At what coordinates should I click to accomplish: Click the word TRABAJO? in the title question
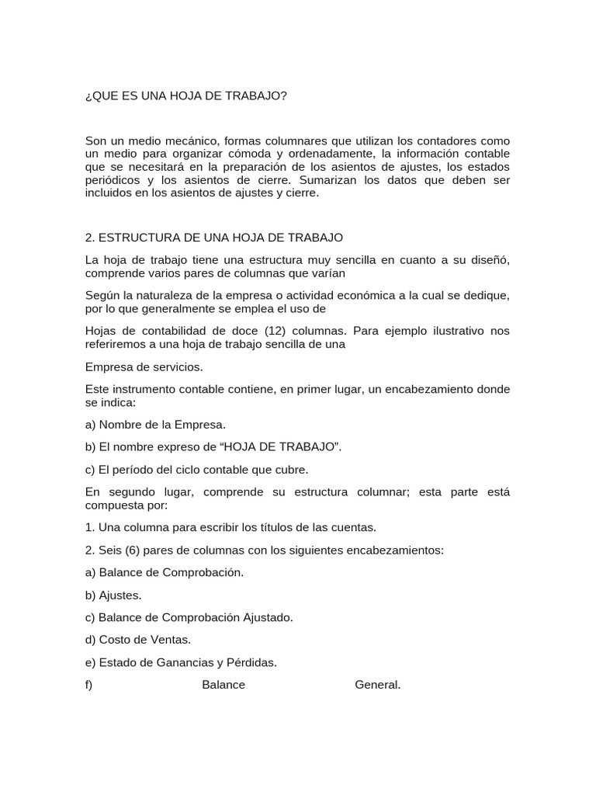tap(257, 95)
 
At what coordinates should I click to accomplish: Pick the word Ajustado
tap(266, 617)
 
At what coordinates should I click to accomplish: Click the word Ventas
tap(171, 640)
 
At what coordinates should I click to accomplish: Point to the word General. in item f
tap(378, 685)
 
